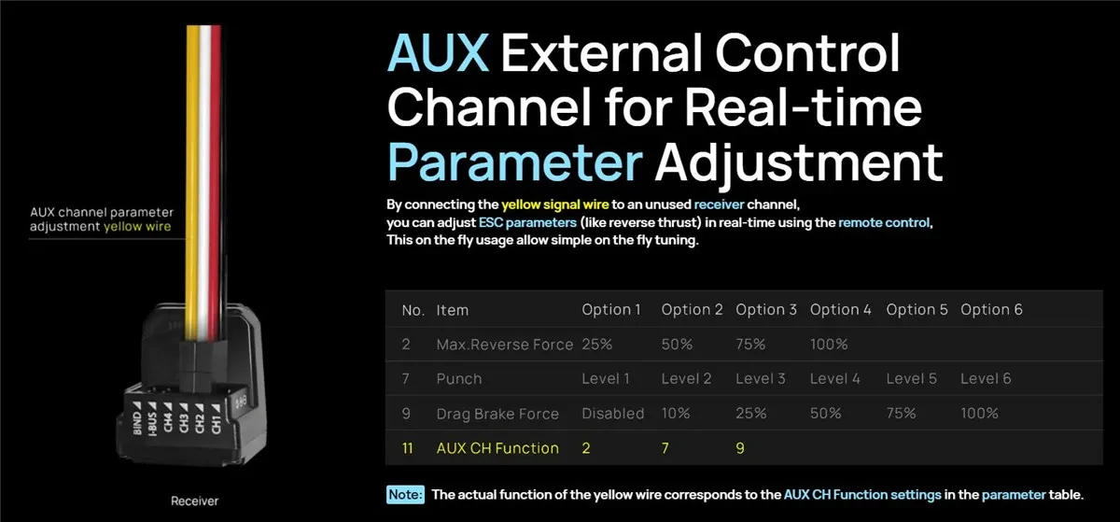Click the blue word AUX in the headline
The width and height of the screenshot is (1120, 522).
click(x=438, y=53)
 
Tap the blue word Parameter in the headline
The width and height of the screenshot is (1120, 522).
click(x=515, y=162)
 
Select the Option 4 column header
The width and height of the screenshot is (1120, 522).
click(x=841, y=309)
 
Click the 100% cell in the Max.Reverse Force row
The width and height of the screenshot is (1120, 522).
click(x=829, y=344)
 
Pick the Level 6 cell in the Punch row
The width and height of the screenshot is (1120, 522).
click(x=986, y=378)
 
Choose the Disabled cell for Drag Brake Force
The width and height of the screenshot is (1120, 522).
click(x=612, y=414)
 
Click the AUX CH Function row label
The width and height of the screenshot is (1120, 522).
click(x=497, y=448)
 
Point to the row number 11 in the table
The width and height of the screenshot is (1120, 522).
click(x=408, y=448)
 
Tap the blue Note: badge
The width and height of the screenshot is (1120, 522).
click(x=405, y=495)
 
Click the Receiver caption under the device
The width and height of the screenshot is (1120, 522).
click(x=194, y=501)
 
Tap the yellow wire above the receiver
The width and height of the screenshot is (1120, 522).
click(x=192, y=180)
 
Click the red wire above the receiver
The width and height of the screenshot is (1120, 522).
click(x=216, y=180)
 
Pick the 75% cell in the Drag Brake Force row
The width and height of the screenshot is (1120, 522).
click(x=901, y=414)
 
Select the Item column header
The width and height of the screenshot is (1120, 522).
click(x=453, y=310)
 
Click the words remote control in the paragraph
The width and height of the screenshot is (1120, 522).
click(x=884, y=222)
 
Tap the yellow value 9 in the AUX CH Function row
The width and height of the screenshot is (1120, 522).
click(x=740, y=448)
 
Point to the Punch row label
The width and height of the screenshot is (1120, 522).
click(x=459, y=379)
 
